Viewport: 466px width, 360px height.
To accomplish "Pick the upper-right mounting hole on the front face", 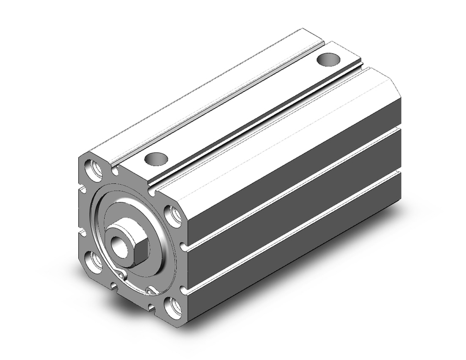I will (174, 216).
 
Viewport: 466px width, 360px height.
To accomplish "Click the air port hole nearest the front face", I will (156, 159).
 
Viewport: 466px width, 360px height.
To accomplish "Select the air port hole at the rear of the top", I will (329, 60).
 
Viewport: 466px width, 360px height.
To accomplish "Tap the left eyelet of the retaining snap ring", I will (123, 276).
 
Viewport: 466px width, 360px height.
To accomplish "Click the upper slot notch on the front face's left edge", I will (82, 190).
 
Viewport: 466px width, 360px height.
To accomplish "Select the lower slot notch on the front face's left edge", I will (82, 232).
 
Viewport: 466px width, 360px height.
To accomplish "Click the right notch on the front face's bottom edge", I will (152, 307).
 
